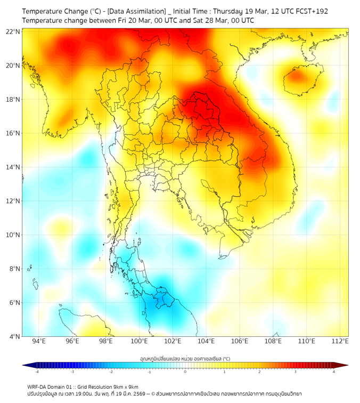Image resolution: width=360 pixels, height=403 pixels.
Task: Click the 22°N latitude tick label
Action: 13,31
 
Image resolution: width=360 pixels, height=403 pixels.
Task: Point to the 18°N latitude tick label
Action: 13,99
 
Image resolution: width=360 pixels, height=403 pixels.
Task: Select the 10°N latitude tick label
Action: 13,235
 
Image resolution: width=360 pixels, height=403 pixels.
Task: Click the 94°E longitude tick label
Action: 39,341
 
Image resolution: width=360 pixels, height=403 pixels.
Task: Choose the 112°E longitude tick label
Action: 340,341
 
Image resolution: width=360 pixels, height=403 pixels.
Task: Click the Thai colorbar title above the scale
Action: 185,359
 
